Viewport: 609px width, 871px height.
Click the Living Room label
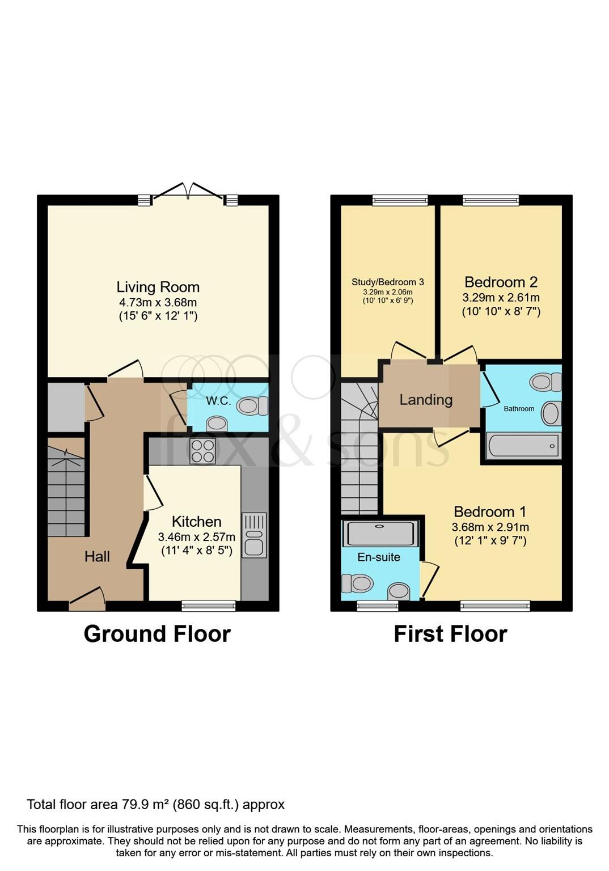click(158, 287)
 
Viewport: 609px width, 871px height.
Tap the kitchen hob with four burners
click(202, 451)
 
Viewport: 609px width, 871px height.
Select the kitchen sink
click(254, 535)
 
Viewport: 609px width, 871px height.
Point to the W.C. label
click(218, 401)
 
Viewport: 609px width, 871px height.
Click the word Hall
click(97, 556)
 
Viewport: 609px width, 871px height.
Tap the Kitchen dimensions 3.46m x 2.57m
click(196, 536)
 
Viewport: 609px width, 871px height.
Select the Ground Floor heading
click(157, 633)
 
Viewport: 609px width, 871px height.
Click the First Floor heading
click(450, 633)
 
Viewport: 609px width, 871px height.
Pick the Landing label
click(426, 400)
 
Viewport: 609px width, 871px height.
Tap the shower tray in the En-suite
click(380, 534)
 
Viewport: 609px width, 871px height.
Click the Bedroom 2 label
click(501, 282)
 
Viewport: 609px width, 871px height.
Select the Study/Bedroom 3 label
click(388, 282)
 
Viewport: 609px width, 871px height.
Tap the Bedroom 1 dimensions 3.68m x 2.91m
click(490, 527)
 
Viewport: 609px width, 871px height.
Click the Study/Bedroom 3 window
click(400, 200)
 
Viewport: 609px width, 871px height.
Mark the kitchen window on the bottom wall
click(208, 606)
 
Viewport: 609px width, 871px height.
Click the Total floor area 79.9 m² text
click(156, 804)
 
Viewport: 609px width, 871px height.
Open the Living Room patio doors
click(188, 195)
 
